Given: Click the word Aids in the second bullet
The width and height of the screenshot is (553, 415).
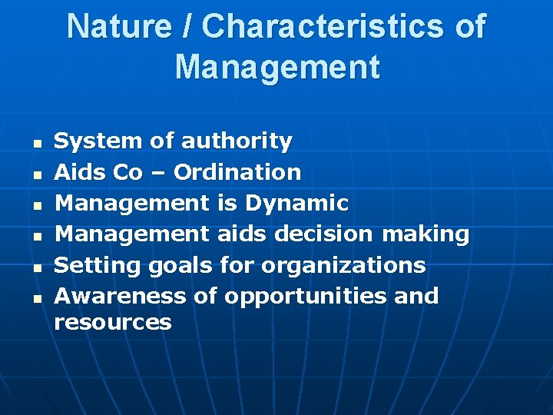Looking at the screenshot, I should click(79, 172).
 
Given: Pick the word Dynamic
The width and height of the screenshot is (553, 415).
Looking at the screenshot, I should click(296, 204).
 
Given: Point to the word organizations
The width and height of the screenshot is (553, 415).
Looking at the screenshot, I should click(343, 266).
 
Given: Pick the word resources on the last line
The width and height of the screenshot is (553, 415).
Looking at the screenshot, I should click(112, 322).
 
